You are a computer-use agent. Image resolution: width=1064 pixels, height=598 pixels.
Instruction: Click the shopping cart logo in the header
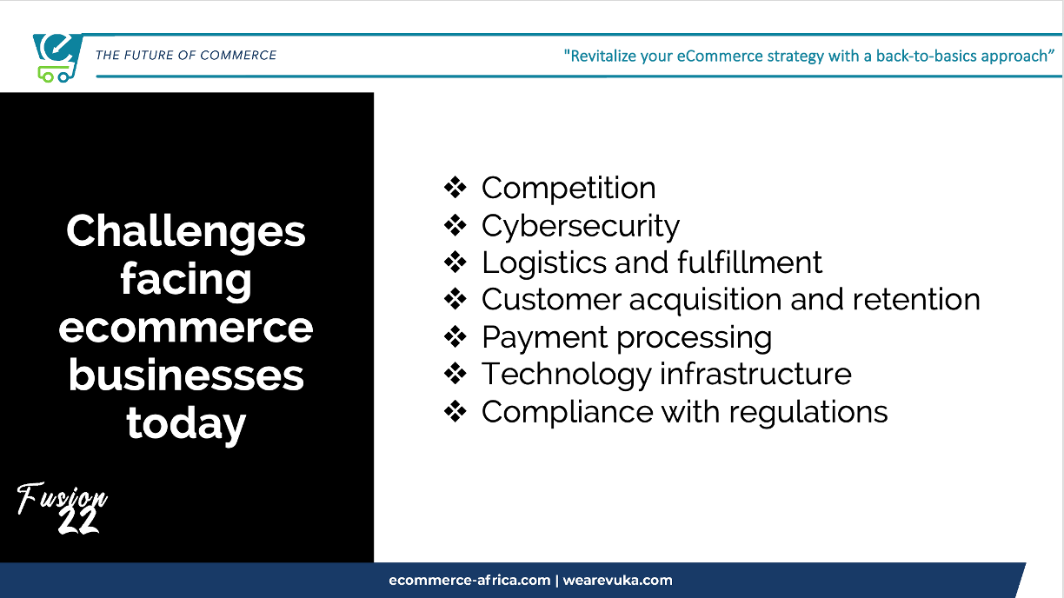coord(57,58)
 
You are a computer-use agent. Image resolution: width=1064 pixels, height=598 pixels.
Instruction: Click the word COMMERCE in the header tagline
coord(238,55)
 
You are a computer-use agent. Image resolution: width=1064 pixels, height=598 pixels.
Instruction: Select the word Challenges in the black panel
coord(186,232)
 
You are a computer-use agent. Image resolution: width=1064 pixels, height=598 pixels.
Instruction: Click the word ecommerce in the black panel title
coord(186,328)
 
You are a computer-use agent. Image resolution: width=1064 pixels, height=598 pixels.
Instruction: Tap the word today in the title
coord(186,424)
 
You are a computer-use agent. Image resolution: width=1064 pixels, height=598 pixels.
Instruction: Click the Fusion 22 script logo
coord(62,508)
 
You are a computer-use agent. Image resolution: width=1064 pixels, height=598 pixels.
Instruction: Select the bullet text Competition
coord(569,189)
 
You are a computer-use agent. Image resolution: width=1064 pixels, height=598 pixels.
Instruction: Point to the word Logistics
coord(544,262)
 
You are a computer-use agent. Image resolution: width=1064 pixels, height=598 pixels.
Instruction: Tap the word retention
coord(916,299)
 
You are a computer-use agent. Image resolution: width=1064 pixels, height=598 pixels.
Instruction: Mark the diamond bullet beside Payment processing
coord(456,336)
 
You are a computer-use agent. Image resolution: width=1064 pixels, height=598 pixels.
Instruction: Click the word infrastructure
coord(755,374)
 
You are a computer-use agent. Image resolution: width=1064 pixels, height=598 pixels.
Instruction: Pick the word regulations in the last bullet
coord(808,412)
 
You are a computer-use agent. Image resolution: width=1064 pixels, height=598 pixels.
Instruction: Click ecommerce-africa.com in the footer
coord(469,580)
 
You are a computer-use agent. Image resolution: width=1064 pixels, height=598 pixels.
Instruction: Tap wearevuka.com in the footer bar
coord(617,580)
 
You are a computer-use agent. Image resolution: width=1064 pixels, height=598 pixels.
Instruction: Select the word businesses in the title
coord(186,375)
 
